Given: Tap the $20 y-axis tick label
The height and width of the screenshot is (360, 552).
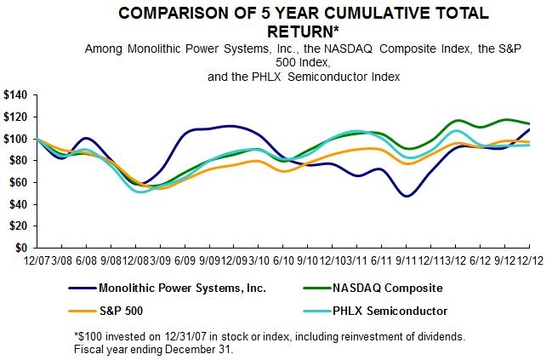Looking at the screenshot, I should [17, 226].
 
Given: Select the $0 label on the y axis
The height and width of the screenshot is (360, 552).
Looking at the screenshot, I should [20, 249].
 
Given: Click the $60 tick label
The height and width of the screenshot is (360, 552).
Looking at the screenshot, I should [17, 182].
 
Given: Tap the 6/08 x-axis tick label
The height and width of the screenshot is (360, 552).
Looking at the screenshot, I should [83, 258].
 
